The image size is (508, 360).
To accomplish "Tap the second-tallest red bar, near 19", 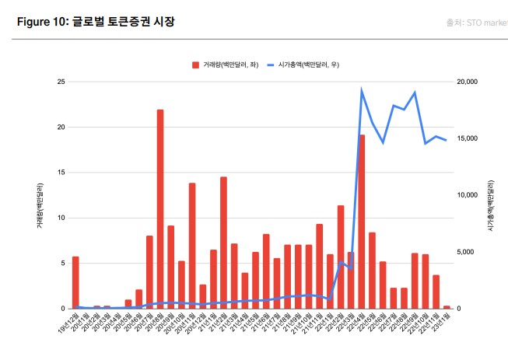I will tap(362, 222).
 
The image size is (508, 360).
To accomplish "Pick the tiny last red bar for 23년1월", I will tap(447, 307).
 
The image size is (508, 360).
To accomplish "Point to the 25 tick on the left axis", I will tap(60, 82).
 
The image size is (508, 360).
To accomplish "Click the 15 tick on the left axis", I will tap(60, 173).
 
